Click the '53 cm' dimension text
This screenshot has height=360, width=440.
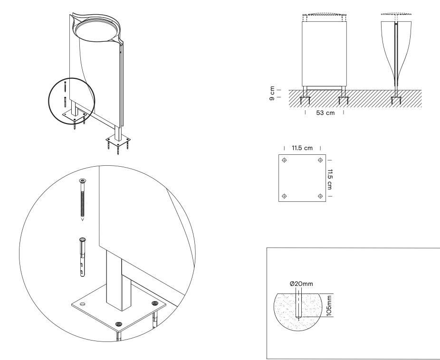[324, 114]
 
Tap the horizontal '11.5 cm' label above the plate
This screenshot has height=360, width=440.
[303, 148]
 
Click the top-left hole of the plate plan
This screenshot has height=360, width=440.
[284, 161]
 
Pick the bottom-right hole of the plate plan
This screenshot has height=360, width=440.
[320, 196]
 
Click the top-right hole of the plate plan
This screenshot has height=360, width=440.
[320, 161]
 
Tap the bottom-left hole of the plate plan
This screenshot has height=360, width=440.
[284, 196]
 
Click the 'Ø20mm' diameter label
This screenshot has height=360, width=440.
[298, 284]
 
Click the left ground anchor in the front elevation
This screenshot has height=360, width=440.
[305, 101]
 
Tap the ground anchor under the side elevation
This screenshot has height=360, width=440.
[395, 101]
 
